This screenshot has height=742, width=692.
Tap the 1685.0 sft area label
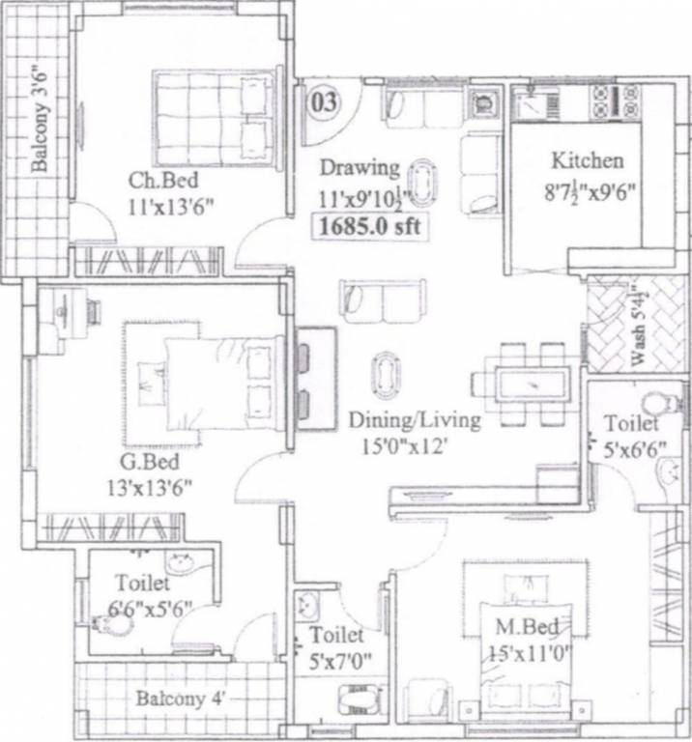tap(368, 229)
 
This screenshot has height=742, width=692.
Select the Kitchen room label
tap(587, 160)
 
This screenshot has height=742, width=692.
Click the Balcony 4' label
tap(181, 698)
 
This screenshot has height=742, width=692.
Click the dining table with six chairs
tap(527, 383)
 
